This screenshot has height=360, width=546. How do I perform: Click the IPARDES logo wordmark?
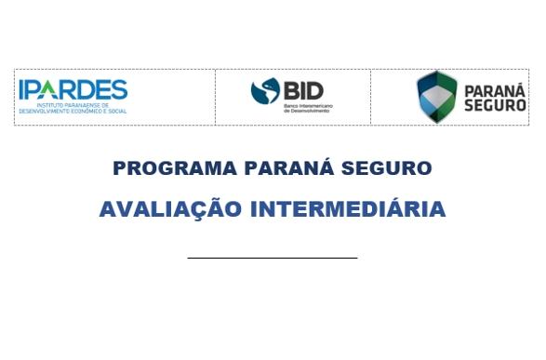tap(72, 89)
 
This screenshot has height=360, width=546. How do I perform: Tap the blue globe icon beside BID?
tap(265, 91)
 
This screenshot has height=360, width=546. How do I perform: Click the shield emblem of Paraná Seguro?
tap(436, 97)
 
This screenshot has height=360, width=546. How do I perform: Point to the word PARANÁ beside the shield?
tap(495, 89)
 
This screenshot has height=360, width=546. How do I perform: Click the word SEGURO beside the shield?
tap(495, 105)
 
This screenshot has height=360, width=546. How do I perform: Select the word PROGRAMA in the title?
tap(163, 168)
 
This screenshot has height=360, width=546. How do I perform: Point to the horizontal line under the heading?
tap(272, 257)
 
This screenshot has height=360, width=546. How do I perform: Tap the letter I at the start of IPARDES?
tap(22, 89)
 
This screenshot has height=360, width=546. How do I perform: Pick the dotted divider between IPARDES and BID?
tap(215, 97)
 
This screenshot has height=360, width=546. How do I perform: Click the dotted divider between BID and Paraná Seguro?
tap(370, 97)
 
